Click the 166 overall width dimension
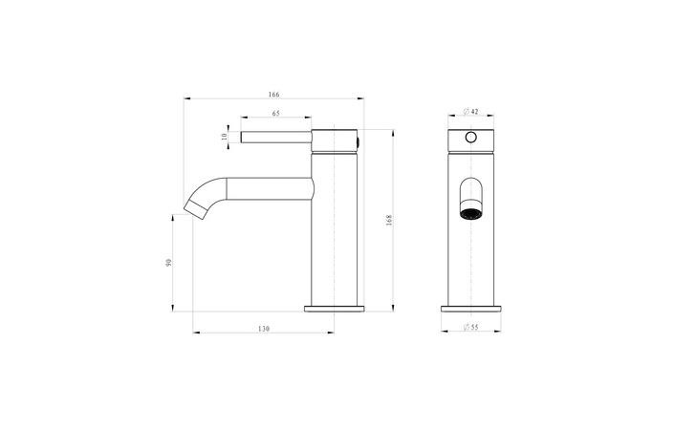point(273,94)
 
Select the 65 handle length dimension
point(275,114)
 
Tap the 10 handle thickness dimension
point(225,137)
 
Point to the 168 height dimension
point(388,219)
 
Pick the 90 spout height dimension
point(168,262)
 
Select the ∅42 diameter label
point(470,113)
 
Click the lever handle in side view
point(275,137)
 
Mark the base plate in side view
point(335,308)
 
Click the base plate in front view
point(470,308)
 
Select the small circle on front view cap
point(469,138)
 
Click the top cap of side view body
point(335,139)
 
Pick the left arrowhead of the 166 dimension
point(186,98)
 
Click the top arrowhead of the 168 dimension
point(393,130)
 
